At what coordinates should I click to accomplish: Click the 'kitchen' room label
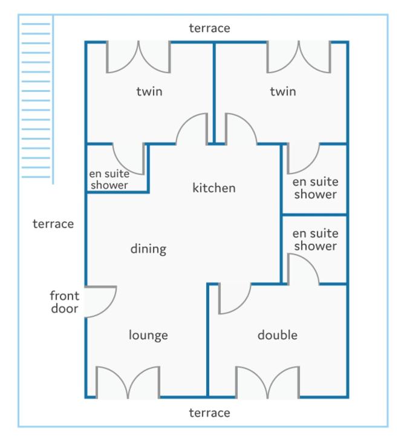click(x=214, y=187)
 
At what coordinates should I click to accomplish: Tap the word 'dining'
click(x=148, y=249)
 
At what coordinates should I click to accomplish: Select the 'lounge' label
click(x=148, y=336)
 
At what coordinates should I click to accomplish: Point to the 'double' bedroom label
click(x=278, y=335)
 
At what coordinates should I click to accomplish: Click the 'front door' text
click(x=65, y=302)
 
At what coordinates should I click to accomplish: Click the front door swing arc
click(x=108, y=307)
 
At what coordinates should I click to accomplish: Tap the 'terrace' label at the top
click(x=209, y=28)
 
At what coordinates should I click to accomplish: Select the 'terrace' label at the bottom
click(x=209, y=413)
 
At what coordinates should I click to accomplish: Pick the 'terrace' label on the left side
click(x=53, y=224)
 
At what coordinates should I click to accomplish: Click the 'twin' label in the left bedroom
click(x=149, y=91)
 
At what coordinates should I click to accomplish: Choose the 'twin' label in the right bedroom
click(x=283, y=91)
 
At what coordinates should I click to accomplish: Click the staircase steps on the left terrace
click(x=36, y=100)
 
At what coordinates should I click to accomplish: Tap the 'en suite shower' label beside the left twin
click(x=109, y=180)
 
